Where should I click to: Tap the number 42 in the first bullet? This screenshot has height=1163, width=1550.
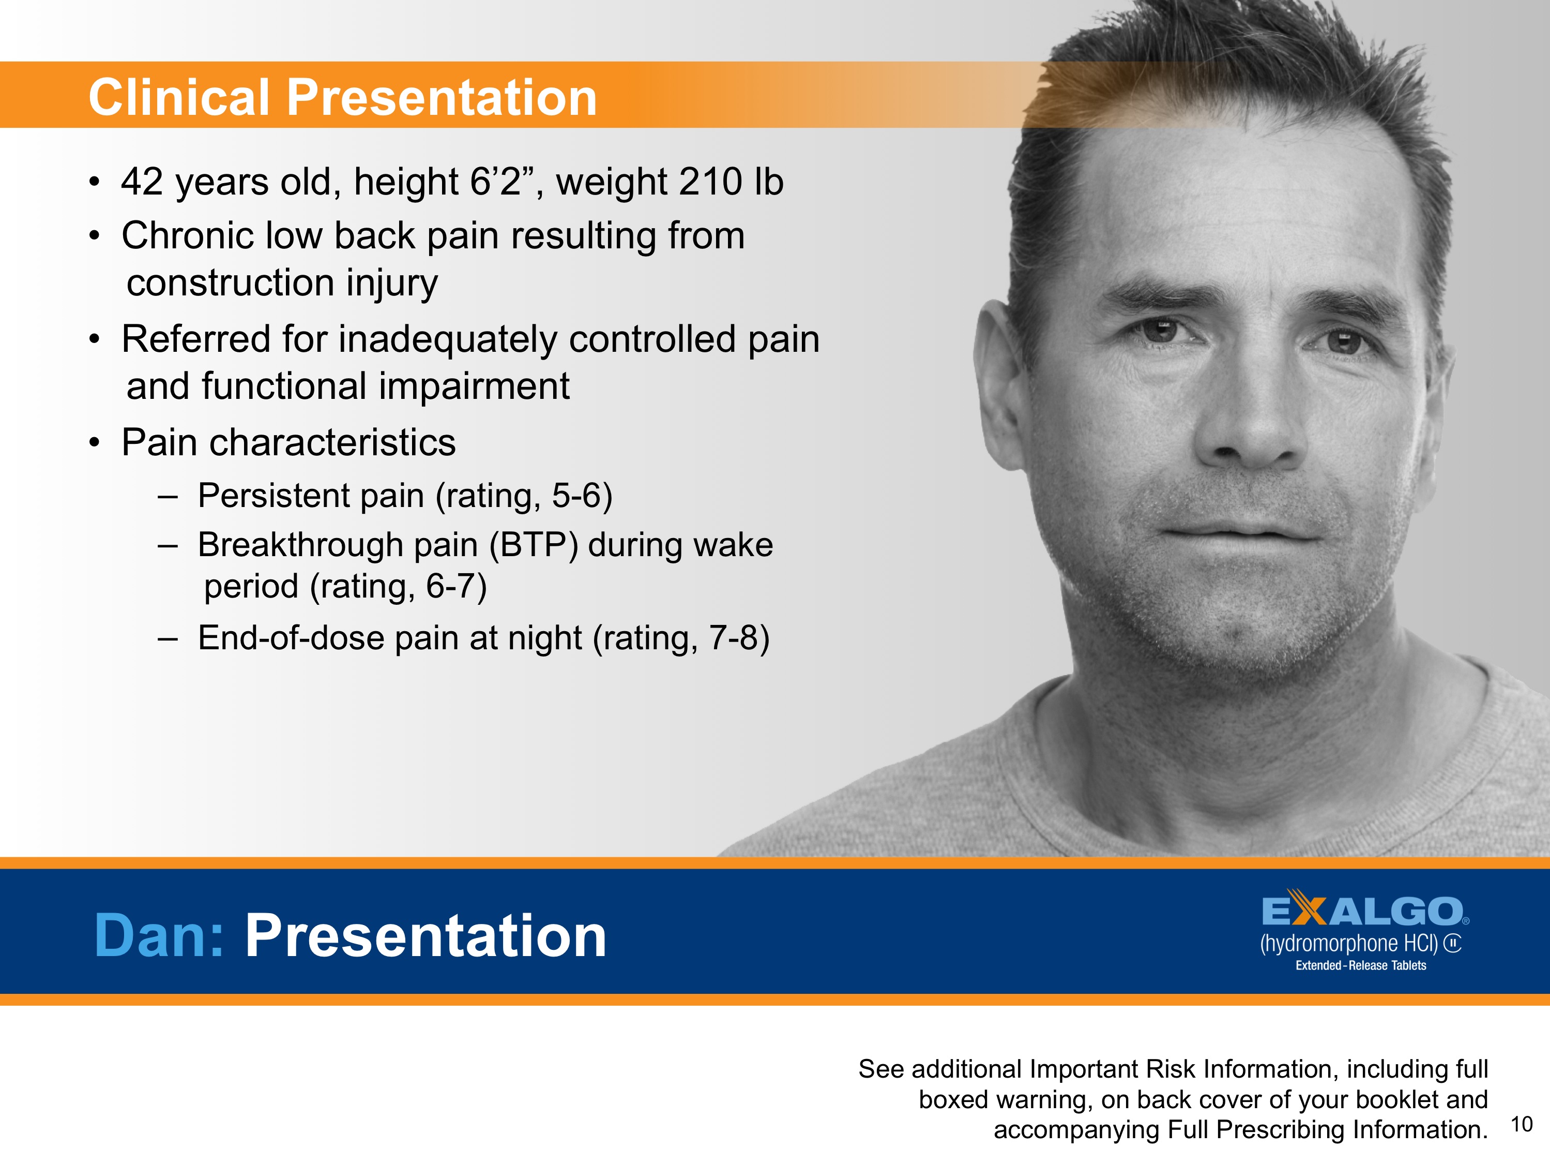[142, 182]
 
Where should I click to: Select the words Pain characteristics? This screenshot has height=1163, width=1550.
[288, 442]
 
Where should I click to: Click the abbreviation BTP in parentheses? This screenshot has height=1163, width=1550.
[533, 545]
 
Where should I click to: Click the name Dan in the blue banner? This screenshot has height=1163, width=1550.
[158, 935]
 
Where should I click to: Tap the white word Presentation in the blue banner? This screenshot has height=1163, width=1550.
[426, 935]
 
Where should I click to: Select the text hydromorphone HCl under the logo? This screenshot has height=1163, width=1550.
[1348, 944]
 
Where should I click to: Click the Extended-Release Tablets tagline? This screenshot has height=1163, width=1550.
[1360, 965]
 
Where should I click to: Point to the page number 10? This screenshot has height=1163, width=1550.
[1521, 1124]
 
